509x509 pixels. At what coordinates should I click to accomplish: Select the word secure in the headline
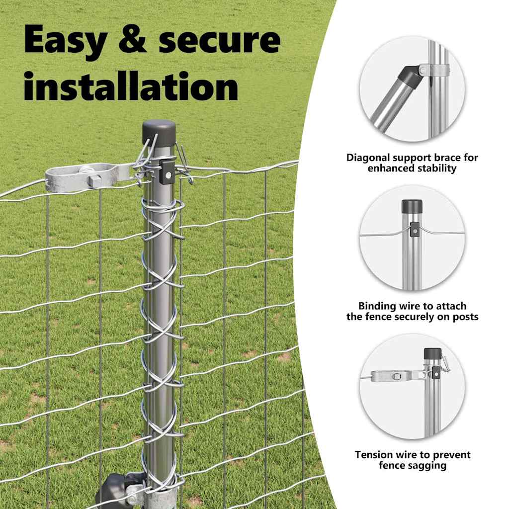coord(220,40)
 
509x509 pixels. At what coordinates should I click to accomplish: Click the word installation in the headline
coord(131,86)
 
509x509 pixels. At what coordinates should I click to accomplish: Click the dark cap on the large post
coord(159,132)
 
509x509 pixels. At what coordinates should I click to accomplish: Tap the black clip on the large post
coord(167,171)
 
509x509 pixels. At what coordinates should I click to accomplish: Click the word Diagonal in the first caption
coord(367,158)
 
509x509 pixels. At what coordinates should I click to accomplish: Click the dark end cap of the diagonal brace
coord(410,77)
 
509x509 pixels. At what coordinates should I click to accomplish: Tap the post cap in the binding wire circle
coord(412,206)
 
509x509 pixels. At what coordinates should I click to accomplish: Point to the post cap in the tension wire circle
coord(432,354)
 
